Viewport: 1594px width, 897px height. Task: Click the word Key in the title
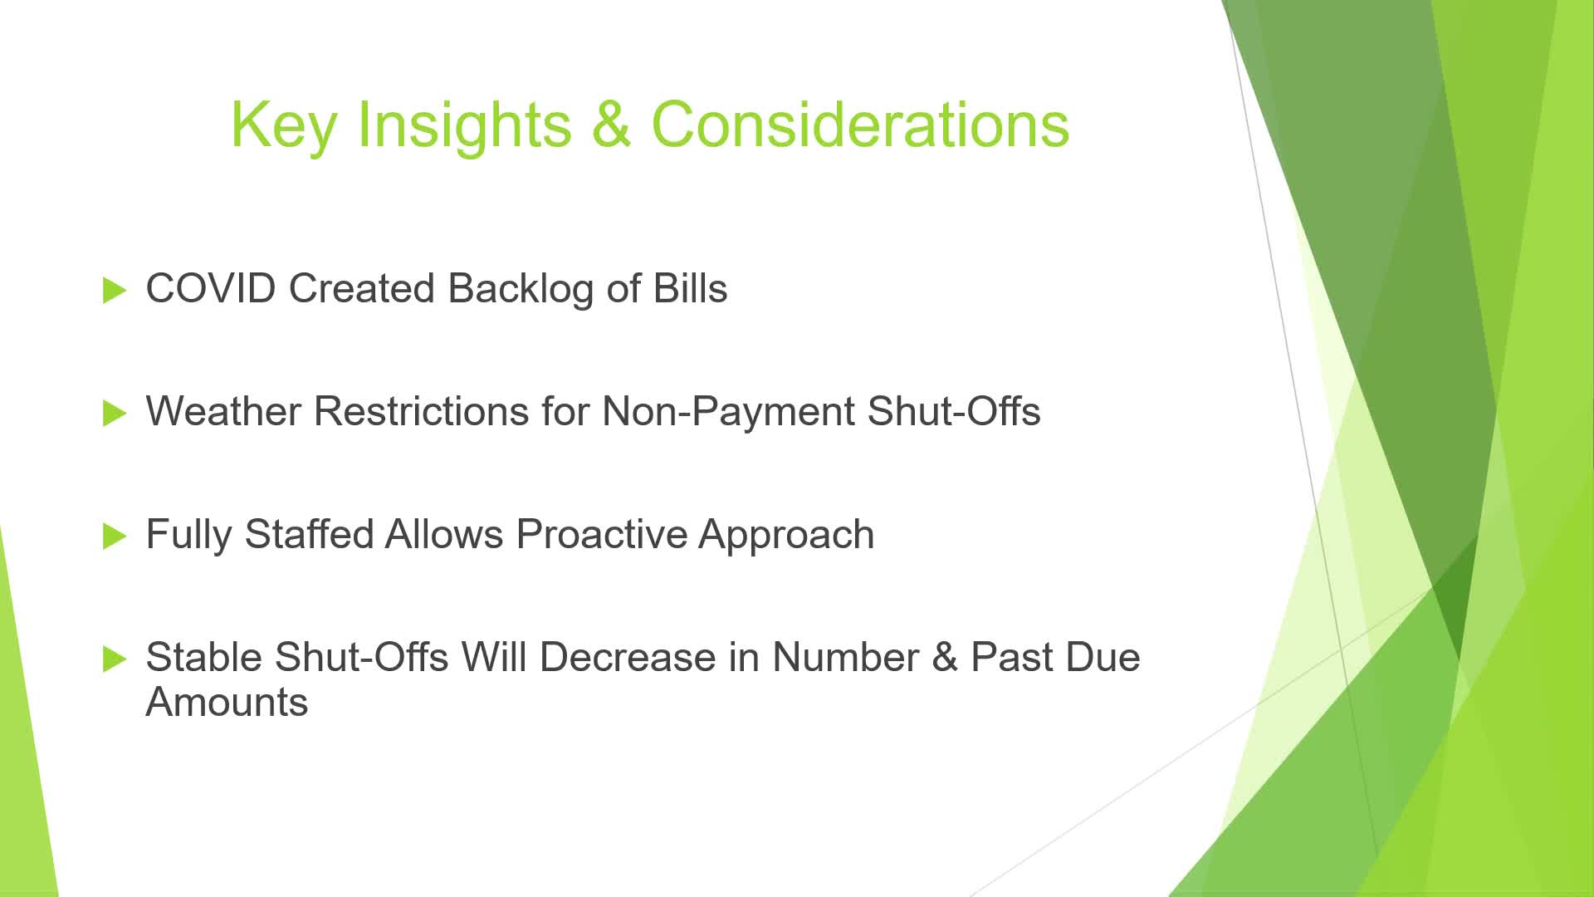click(x=283, y=126)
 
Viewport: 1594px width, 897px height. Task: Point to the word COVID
click(x=211, y=289)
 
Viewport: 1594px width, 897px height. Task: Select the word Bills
click(x=690, y=288)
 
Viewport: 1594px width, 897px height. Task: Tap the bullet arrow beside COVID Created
click(x=115, y=291)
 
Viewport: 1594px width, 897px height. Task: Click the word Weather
click(x=223, y=411)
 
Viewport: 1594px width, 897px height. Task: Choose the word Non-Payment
click(x=728, y=411)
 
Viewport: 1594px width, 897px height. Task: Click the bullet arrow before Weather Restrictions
click(x=115, y=414)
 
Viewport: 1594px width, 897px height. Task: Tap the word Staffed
click(x=309, y=534)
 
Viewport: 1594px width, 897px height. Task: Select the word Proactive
click(x=601, y=534)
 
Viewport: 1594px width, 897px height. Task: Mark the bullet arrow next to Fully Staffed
click(x=115, y=537)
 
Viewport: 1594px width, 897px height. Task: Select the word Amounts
click(x=227, y=702)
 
